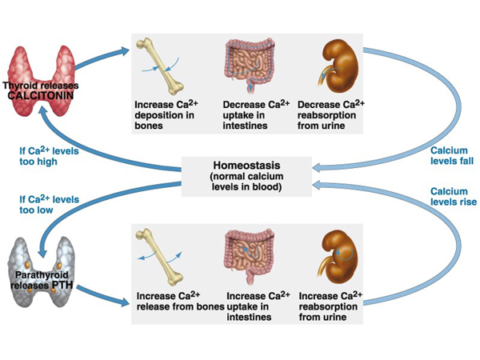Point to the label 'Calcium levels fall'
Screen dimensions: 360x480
pyautogui.click(x=450, y=155)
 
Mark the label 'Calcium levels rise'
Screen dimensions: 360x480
pyautogui.click(x=450, y=198)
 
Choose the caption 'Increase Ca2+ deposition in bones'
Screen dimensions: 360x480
pyautogui.click(x=168, y=116)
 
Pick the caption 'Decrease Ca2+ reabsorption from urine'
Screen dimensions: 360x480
pyautogui.click(x=331, y=116)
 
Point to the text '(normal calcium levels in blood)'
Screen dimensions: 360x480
pyautogui.click(x=246, y=182)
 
